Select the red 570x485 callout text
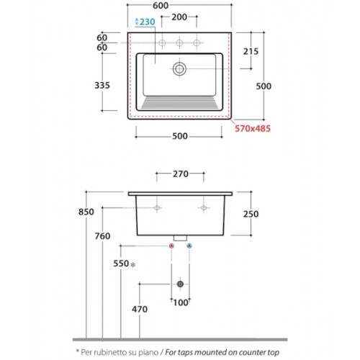tap(253, 128)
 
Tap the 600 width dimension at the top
tap(161, 6)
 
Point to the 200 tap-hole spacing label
tap(179, 17)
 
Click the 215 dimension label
tap(251, 51)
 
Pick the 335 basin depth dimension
tap(102, 85)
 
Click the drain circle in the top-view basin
tap(179, 69)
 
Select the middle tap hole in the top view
tap(179, 43)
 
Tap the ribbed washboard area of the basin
tap(179, 103)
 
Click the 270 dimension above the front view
tap(181, 174)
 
